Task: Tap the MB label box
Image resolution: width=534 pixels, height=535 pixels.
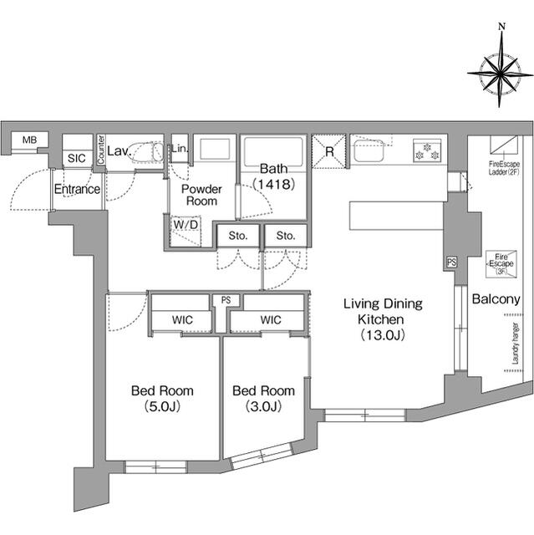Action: click(x=29, y=140)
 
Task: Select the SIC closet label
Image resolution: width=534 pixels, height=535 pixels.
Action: click(x=77, y=158)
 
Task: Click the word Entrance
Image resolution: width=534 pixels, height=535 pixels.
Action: click(x=77, y=190)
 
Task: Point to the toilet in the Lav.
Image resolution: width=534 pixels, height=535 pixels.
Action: click(x=147, y=151)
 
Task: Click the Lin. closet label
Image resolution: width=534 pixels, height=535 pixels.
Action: click(x=180, y=150)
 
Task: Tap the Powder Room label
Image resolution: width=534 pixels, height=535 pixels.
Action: click(x=201, y=194)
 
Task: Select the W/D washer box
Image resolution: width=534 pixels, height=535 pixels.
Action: click(x=186, y=225)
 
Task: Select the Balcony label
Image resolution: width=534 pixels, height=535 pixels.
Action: click(x=496, y=299)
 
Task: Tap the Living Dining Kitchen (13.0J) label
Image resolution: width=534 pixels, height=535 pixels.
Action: click(x=384, y=319)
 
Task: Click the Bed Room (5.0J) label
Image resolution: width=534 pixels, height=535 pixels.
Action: click(x=162, y=399)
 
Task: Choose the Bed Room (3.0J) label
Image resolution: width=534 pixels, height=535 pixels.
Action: click(x=263, y=399)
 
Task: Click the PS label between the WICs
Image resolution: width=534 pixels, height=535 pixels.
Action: click(x=225, y=299)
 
